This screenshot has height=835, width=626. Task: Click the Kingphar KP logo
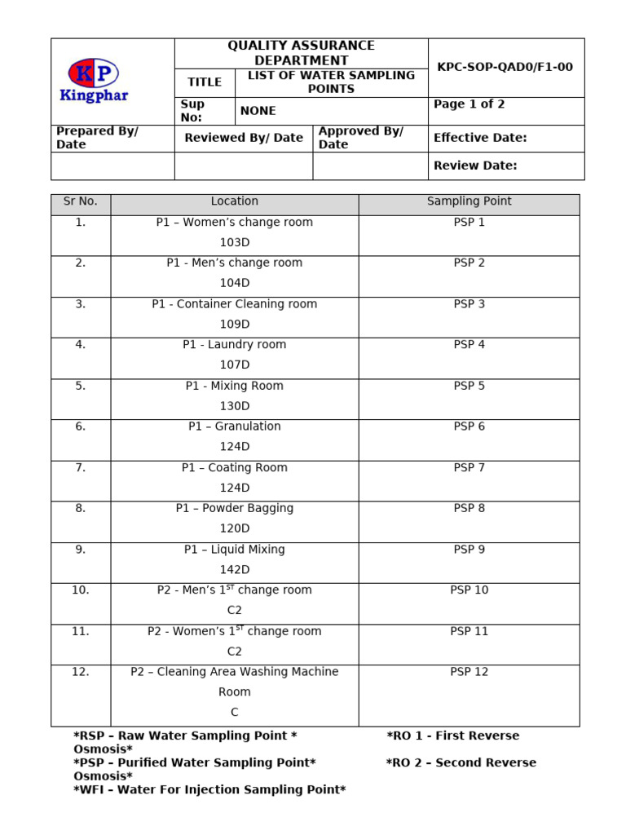(x=94, y=80)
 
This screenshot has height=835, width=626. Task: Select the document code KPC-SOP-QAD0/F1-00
(x=505, y=67)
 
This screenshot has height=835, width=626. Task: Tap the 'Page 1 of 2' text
(x=469, y=104)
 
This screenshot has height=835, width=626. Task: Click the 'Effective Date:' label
(x=479, y=138)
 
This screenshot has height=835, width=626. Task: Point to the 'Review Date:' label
(x=475, y=166)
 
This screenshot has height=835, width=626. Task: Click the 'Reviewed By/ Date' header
(x=243, y=138)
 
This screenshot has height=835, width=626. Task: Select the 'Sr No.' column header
(x=81, y=201)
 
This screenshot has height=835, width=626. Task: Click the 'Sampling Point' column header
(x=469, y=201)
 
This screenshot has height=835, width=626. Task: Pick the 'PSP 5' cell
(x=469, y=386)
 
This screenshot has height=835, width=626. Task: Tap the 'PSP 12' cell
(x=469, y=672)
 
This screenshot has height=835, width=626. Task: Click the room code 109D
(x=234, y=324)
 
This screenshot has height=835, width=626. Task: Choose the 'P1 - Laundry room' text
(x=234, y=345)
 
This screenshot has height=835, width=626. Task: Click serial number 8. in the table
(x=81, y=508)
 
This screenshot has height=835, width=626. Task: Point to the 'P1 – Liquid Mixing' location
(x=234, y=550)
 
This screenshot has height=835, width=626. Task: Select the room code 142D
(x=234, y=569)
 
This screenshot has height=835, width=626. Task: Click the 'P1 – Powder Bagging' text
(x=234, y=508)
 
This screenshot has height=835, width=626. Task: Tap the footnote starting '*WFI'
(x=209, y=789)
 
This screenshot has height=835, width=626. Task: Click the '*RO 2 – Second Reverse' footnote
(x=461, y=762)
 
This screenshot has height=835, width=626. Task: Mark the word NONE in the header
(x=258, y=111)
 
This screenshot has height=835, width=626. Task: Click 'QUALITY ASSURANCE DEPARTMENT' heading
(x=301, y=53)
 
